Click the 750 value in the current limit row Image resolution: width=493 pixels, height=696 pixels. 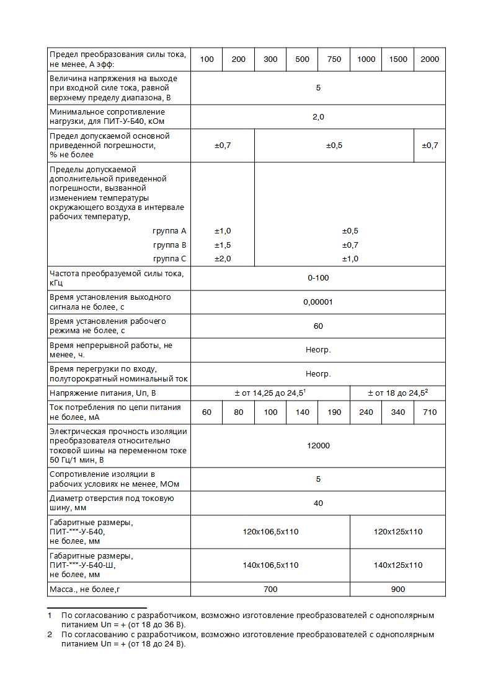[334, 59]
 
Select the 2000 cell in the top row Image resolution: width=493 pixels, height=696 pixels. [429, 59]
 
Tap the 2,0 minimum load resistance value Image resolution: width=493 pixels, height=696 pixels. [318, 116]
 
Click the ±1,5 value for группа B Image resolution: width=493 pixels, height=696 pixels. [223, 245]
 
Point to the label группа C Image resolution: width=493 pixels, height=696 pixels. [169, 259]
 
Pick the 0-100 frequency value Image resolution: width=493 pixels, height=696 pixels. [318, 278]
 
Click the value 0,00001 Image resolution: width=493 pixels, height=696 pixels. [318, 302]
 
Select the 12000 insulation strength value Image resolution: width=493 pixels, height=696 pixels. [318, 446]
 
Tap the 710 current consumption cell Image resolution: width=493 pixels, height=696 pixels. [429, 412]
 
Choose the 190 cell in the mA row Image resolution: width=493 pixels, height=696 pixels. [334, 412]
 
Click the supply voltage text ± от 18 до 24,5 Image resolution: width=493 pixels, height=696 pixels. [398, 393]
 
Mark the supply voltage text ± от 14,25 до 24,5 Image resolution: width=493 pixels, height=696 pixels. [270, 393]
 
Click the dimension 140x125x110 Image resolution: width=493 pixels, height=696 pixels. [398, 565]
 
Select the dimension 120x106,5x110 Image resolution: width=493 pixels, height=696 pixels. [270, 532]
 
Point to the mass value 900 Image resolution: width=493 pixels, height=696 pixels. [398, 589]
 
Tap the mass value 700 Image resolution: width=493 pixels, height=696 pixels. [270, 589]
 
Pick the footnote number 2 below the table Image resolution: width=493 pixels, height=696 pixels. [50, 635]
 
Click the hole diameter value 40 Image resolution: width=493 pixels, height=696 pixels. [318, 503]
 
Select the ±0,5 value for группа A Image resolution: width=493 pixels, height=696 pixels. [350, 231]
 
